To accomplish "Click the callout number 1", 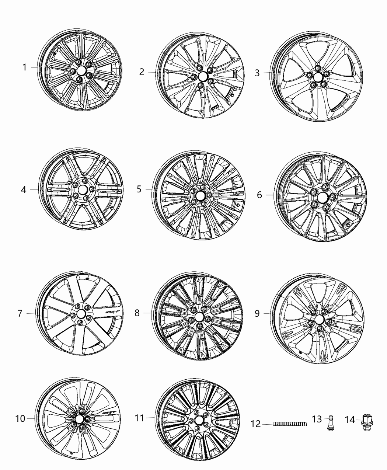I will pos(24,67).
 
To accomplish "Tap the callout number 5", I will pos(139,189).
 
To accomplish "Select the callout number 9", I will pos(257,313).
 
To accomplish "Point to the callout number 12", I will pos(256,425).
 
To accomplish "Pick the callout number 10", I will pos(20,419).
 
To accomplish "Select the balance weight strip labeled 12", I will pos(290,425).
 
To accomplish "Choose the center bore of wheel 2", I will pos(202,76).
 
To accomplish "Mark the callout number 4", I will pos(24,190).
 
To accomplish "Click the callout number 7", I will pos(20,314).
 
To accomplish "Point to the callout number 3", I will pos(257,73).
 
